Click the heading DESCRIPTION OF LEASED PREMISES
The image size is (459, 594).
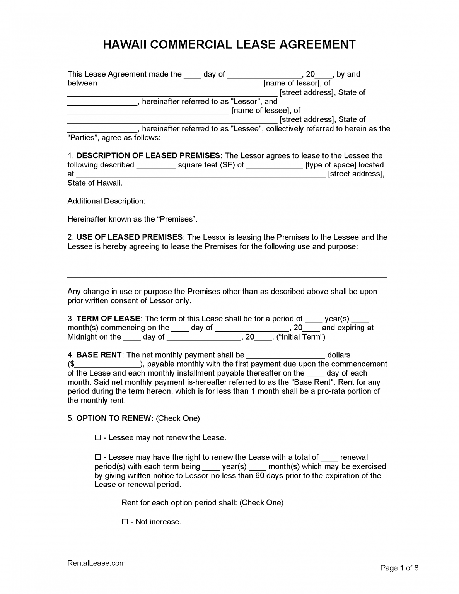pos(148,155)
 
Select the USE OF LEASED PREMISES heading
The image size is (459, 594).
pos(129,237)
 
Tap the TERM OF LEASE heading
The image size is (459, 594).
pos(108,319)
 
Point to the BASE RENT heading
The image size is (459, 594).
pos(99,355)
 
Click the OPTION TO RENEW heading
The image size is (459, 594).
pos(114,418)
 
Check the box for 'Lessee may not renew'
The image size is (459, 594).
pos(97,437)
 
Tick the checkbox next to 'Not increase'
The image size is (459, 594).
pos(125,522)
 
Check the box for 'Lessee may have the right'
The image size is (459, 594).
pos(97,457)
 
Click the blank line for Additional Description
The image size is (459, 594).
pos(248,201)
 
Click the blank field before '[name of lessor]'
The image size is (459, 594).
pos(180,84)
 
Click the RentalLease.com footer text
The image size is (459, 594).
pos(96,563)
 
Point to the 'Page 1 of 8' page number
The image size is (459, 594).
pos(399,568)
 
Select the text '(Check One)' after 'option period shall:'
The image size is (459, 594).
pos(261,502)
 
